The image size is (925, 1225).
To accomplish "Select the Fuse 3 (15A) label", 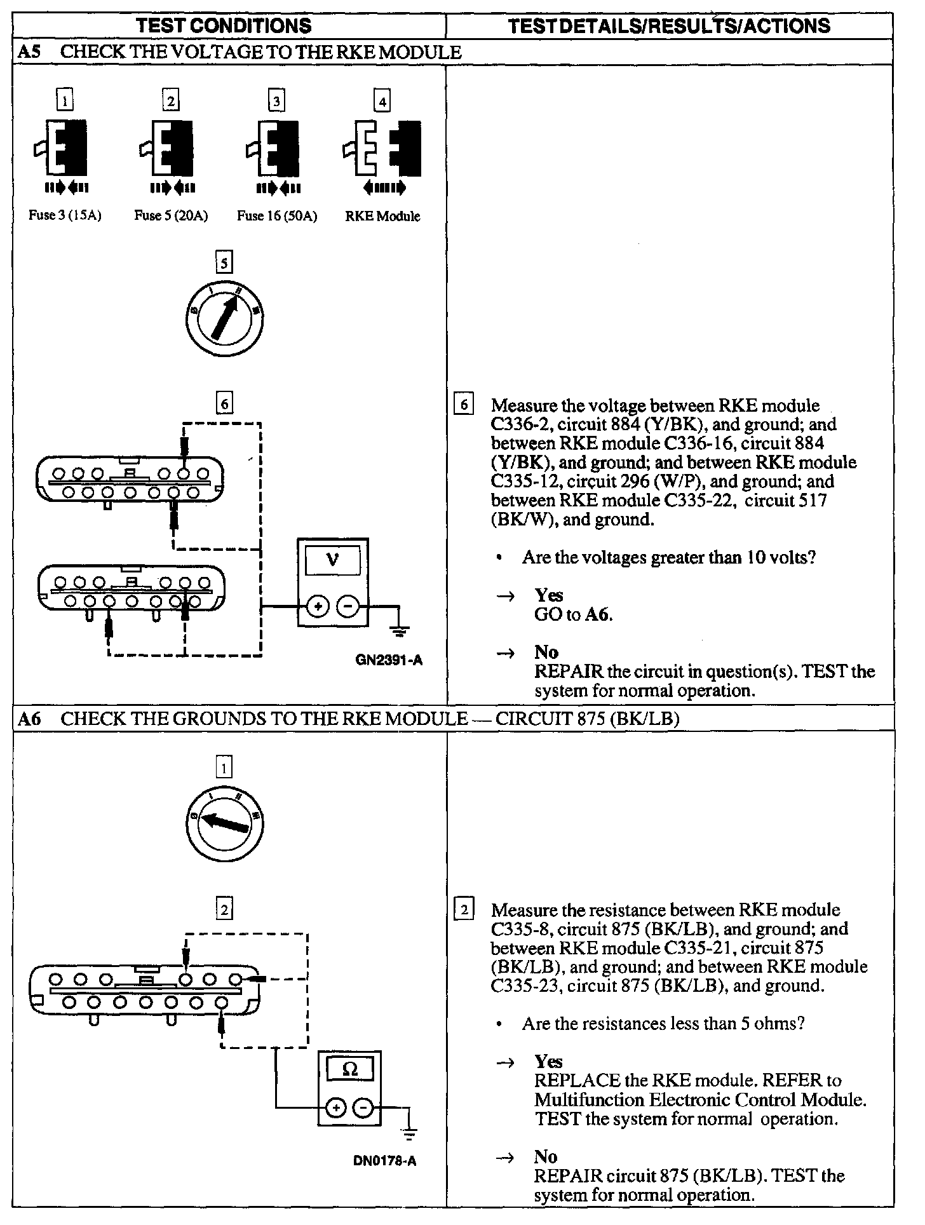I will (x=65, y=215).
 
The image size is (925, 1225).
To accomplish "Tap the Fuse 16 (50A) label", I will (x=276, y=216).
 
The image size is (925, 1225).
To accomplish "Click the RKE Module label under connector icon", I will (x=382, y=216).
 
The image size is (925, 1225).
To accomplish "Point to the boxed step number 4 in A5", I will (x=382, y=101).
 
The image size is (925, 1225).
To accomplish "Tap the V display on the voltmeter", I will (x=332, y=560).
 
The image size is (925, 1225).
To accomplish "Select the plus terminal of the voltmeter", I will (x=317, y=607).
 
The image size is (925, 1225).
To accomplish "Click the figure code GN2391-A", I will (x=389, y=660).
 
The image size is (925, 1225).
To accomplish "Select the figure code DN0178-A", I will (x=384, y=1161).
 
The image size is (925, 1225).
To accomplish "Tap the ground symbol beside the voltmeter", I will (x=399, y=631).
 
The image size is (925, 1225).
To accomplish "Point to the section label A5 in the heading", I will (x=29, y=52).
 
